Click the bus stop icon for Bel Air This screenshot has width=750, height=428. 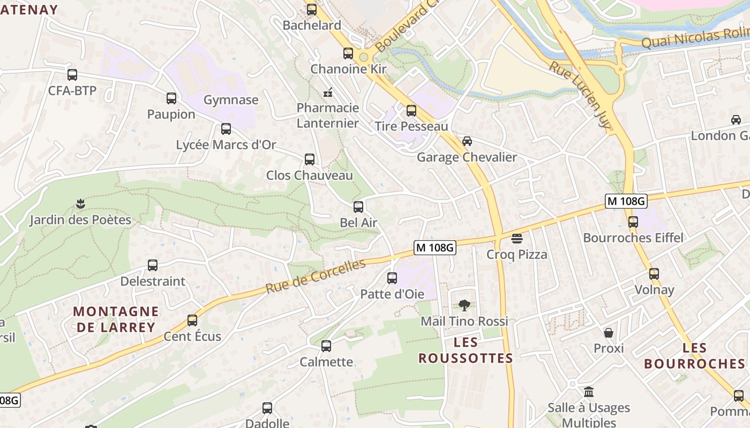click(x=358, y=207)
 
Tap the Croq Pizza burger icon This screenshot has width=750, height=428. click(x=517, y=239)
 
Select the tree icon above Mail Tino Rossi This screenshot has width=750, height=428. click(x=464, y=305)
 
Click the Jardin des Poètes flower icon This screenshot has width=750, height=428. click(x=80, y=204)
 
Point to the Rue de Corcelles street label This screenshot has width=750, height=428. click(x=315, y=276)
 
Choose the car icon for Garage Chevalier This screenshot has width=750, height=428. click(x=467, y=141)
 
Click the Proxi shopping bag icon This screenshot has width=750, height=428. click(x=609, y=333)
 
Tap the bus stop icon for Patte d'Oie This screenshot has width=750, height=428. click(x=392, y=278)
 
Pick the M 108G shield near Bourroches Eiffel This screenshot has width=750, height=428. click(x=626, y=201)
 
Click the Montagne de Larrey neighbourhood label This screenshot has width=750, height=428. click(x=116, y=319)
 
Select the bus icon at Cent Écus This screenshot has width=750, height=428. click(x=192, y=320)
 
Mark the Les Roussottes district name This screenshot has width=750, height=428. click(x=466, y=350)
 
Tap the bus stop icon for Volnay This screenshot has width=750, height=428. click(x=654, y=274)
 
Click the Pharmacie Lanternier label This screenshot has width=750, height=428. click(x=328, y=116)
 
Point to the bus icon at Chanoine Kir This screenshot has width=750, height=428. click(x=348, y=53)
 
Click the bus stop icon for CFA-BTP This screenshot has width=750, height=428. click(x=72, y=75)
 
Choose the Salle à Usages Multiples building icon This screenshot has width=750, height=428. click(x=589, y=392)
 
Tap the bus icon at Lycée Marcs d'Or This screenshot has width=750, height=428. click(x=226, y=129)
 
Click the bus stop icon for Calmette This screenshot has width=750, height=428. click(x=326, y=346)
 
